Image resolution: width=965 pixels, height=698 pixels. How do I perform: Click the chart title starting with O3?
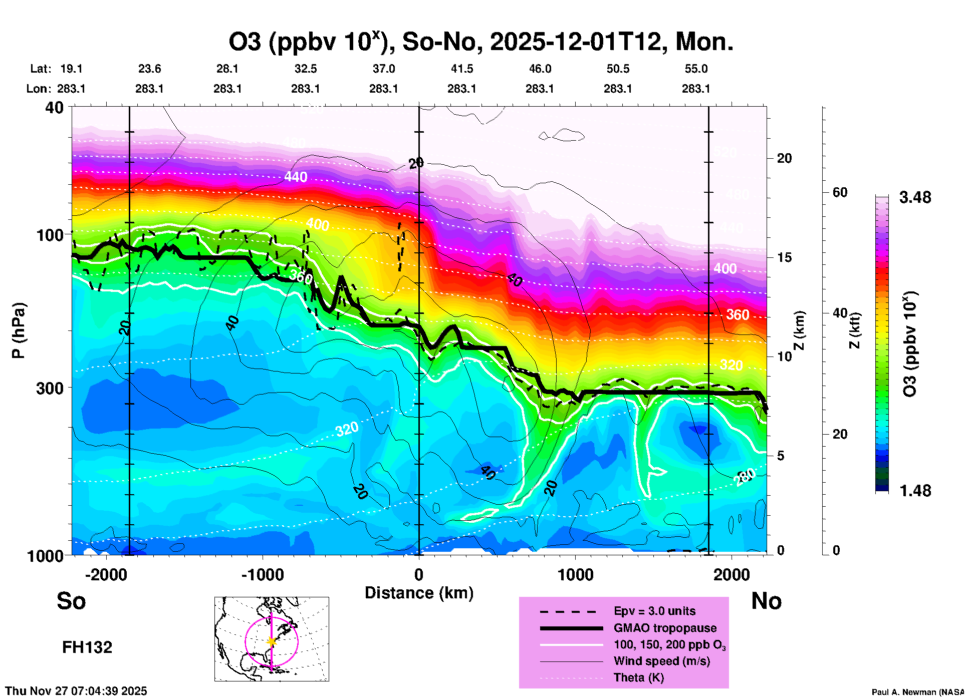pyautogui.click(x=481, y=42)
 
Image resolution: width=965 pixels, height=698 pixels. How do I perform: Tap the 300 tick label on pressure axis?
pyautogui.click(x=50, y=388)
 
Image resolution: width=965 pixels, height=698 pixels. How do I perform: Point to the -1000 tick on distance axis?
pyautogui.click(x=262, y=574)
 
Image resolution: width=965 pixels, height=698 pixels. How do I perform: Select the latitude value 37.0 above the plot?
pyautogui.click(x=383, y=69)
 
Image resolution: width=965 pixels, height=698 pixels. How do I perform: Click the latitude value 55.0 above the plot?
pyautogui.click(x=695, y=69)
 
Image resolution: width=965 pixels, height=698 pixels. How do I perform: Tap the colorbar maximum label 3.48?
pyautogui.click(x=915, y=198)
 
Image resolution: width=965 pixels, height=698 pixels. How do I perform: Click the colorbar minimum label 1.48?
pyautogui.click(x=915, y=491)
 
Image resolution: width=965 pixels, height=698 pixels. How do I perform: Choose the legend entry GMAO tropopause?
pyautogui.click(x=665, y=628)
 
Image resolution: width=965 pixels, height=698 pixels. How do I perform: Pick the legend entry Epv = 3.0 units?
pyautogui.click(x=654, y=611)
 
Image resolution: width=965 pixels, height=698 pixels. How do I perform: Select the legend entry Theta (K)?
pyautogui.click(x=638, y=677)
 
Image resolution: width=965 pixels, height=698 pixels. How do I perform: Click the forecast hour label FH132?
pyautogui.click(x=87, y=647)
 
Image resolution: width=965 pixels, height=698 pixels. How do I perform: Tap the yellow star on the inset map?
pyautogui.click(x=272, y=641)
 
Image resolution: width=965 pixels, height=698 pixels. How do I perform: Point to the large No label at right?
pyautogui.click(x=766, y=601)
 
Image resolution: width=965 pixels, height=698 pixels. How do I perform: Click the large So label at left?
pyautogui.click(x=71, y=601)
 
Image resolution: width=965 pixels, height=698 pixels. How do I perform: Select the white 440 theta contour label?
pyautogui.click(x=296, y=177)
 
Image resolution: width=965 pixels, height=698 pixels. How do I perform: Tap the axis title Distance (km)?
pyautogui.click(x=419, y=593)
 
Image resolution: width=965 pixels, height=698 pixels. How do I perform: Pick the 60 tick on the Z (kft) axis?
pyautogui.click(x=840, y=192)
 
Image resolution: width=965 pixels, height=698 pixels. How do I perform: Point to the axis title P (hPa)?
pyautogui.click(x=18, y=330)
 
